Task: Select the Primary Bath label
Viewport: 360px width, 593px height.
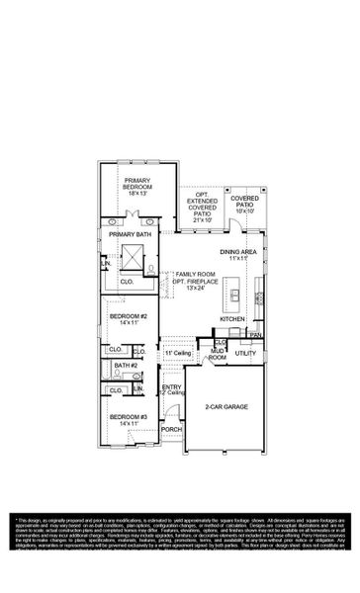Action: pos(130,234)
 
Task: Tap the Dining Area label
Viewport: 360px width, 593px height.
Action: pos(239,253)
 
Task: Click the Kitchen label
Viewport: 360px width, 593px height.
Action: pos(232,319)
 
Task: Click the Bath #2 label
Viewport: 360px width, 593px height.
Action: pos(125,366)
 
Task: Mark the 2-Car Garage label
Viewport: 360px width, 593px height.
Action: pos(226,406)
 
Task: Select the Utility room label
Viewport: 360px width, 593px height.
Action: pos(246,352)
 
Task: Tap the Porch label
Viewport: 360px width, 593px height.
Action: pos(171,430)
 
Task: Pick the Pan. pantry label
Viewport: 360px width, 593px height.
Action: pos(255,335)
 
